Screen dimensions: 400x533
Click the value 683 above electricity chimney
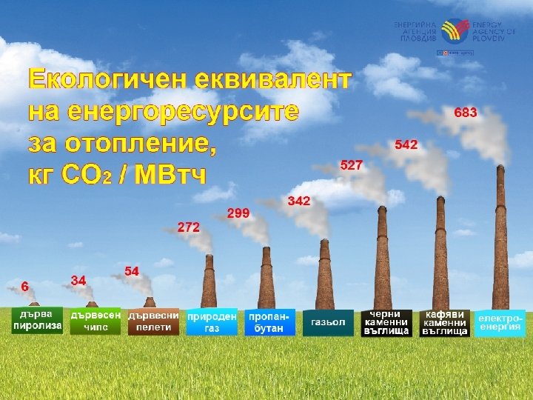coord(466,113)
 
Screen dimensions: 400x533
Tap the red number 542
coord(406,144)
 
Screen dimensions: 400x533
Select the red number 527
coord(351,165)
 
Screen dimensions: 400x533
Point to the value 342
coord(299,201)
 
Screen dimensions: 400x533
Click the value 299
coord(238,213)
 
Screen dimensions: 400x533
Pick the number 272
coord(189,227)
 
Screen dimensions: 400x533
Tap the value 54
coord(133,271)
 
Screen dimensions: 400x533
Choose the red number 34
coord(78,280)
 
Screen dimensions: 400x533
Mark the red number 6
coord(25,285)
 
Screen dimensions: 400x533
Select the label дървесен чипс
coord(95,321)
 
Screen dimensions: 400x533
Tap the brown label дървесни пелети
coord(153,321)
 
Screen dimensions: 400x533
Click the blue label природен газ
coord(212,321)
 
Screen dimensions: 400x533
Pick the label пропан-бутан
coord(270,322)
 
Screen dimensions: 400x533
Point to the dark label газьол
coord(328,322)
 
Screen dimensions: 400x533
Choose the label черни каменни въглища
coord(386,322)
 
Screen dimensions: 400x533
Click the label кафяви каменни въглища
coord(444,322)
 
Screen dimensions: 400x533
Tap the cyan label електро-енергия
coord(500,322)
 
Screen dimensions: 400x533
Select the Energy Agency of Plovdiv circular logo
coord(452,32)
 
